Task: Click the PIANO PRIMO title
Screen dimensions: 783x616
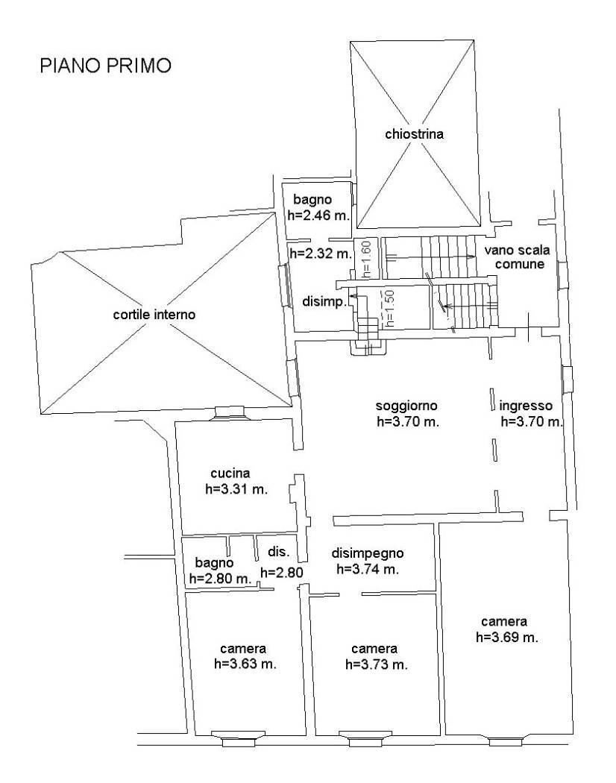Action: coord(104,66)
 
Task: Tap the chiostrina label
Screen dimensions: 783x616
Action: coord(415,134)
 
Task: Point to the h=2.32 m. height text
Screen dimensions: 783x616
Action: coord(320,254)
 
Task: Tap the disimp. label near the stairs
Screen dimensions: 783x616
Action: coord(322,301)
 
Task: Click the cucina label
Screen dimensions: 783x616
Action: coord(230,473)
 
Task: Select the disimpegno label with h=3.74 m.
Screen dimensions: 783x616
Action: coord(368,553)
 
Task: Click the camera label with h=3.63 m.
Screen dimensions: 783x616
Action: coord(243,647)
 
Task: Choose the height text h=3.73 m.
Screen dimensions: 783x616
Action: coord(377,664)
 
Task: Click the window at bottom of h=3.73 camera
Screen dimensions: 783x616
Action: coord(355,739)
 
